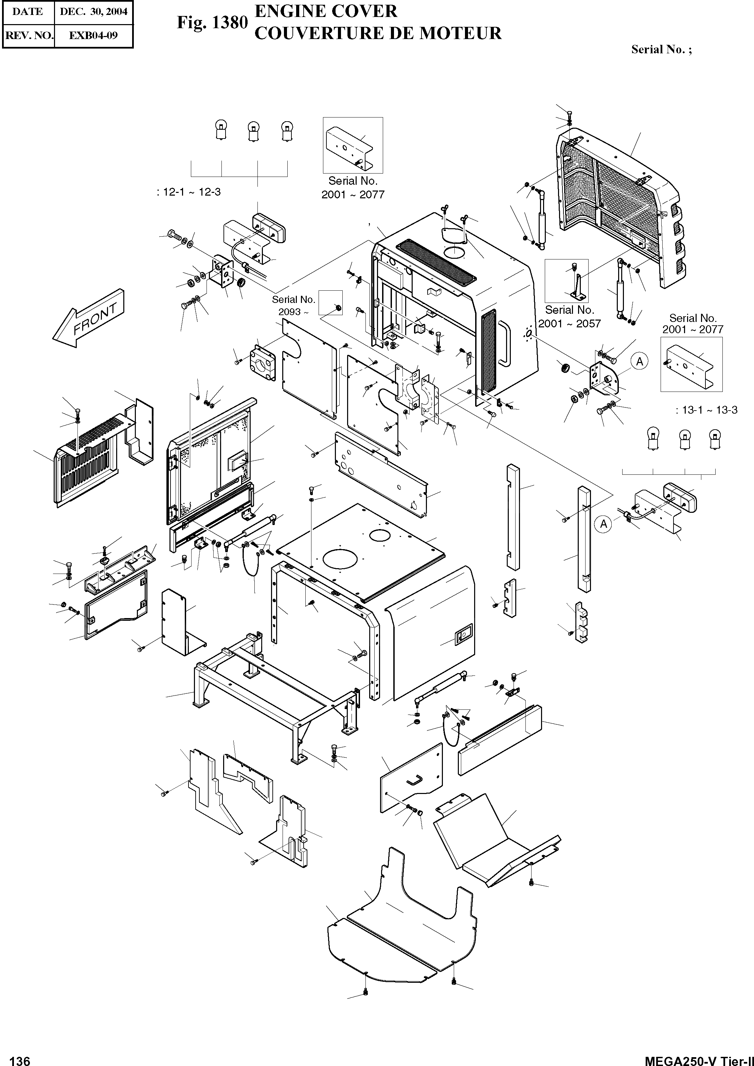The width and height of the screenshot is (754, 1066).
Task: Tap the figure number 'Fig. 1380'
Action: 212,22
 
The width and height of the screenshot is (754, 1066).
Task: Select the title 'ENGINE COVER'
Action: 326,11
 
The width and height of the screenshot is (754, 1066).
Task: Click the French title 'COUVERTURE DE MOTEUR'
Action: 378,33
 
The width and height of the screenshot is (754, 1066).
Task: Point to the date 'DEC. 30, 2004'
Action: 94,12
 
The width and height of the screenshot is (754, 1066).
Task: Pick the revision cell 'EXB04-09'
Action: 93,35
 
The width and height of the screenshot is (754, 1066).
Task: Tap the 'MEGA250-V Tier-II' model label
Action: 699,1060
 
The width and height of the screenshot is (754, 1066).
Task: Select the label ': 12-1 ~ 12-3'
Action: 188,192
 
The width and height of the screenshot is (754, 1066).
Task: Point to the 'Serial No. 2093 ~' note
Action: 293,306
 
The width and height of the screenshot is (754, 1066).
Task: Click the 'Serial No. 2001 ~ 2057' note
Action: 569,317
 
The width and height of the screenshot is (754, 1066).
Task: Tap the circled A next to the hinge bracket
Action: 639,361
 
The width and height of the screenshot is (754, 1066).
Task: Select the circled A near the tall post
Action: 603,524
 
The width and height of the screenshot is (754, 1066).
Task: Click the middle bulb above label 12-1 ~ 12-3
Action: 253,130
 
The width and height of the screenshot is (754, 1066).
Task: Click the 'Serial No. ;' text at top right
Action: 661,50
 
